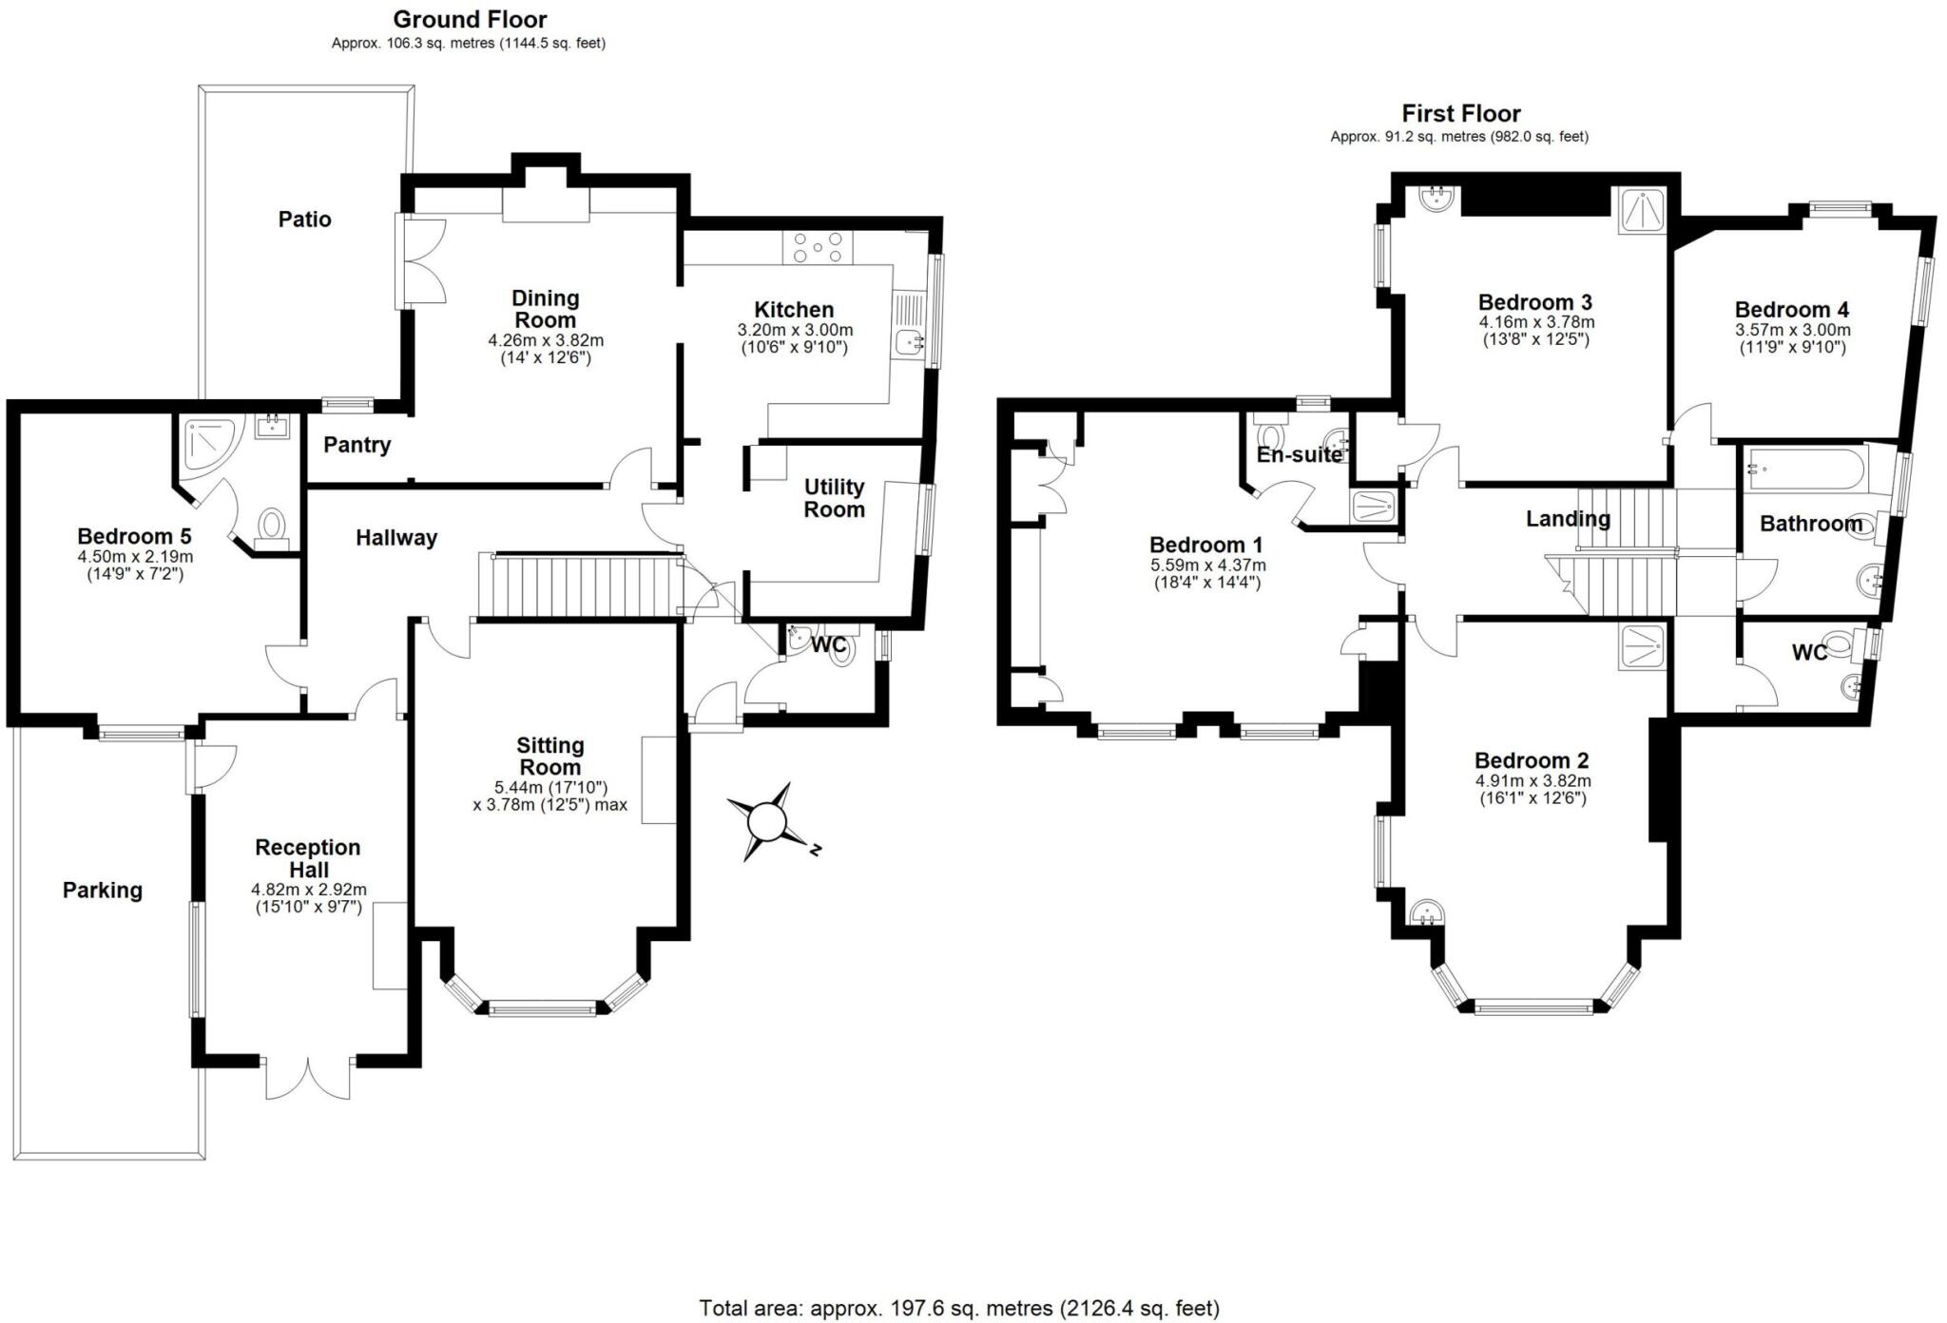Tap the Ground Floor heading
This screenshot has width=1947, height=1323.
[x=470, y=19]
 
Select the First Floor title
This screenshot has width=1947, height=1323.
[x=1460, y=113]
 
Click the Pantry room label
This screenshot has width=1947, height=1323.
[x=357, y=445]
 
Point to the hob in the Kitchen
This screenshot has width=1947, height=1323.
[x=818, y=248]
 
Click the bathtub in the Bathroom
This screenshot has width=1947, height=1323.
[x=1802, y=469]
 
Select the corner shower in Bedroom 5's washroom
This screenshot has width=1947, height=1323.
[x=207, y=444]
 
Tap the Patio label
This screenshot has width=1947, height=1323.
[x=304, y=220]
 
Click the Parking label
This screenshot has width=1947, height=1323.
[x=102, y=891]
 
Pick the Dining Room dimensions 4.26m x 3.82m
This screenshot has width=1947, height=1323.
[x=546, y=340]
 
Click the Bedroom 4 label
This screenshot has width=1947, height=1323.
[x=1791, y=309]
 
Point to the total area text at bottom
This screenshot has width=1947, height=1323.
[x=958, y=1308]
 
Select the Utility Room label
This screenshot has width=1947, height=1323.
[x=834, y=498]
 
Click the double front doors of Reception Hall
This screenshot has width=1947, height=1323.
[x=308, y=1078]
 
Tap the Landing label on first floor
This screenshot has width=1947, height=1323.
[x=1568, y=519]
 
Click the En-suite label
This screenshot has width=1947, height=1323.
[x=1299, y=455]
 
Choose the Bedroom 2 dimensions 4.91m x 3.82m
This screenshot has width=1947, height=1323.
[x=1533, y=781]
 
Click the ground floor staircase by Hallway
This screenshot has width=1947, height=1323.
[x=578, y=586]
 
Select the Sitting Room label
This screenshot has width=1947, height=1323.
[x=549, y=757]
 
